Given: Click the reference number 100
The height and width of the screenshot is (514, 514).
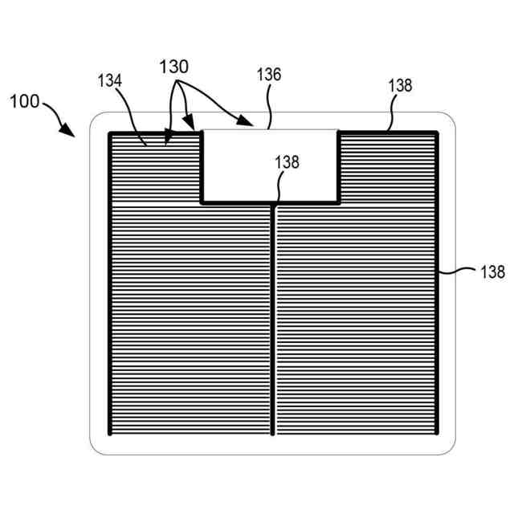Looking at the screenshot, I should click(x=24, y=102).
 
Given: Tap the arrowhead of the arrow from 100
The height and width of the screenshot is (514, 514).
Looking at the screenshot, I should click(x=71, y=133).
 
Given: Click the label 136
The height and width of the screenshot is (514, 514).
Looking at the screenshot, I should click(x=269, y=75).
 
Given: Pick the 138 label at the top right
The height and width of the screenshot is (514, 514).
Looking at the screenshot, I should click(x=400, y=85).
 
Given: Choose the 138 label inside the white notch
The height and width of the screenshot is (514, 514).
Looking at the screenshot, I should click(x=287, y=161).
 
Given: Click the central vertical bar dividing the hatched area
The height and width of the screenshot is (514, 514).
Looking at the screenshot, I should click(x=274, y=321).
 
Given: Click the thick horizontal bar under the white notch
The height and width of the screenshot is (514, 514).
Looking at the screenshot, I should click(x=269, y=202).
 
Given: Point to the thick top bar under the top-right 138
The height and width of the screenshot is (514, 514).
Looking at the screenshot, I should click(x=388, y=133).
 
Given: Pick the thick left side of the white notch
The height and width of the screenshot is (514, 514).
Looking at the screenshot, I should click(x=202, y=167).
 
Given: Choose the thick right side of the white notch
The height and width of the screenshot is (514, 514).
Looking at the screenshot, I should click(x=338, y=167).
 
